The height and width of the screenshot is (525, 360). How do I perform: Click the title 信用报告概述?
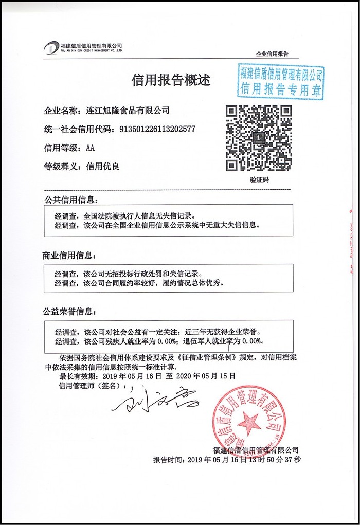171,79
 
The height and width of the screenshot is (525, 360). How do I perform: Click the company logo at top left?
51,48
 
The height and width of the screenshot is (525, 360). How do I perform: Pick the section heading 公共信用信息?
69,200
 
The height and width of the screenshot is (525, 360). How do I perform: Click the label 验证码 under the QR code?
259,179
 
